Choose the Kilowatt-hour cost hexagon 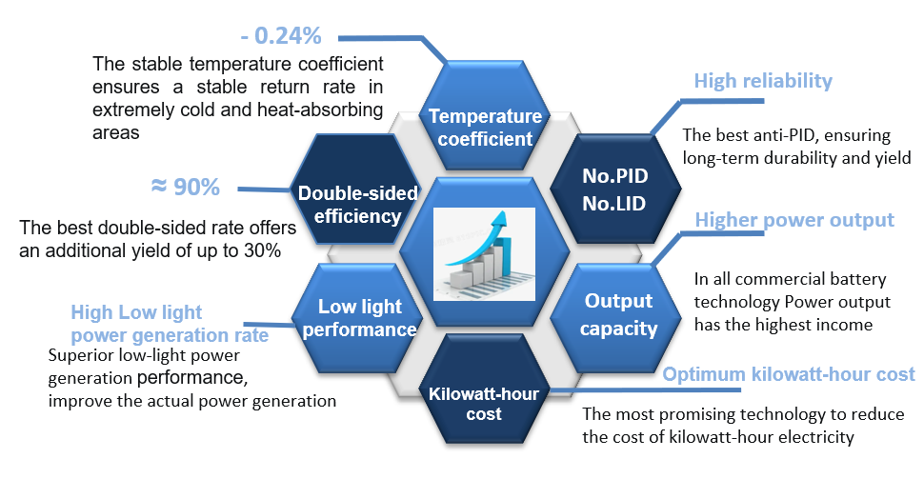(485, 403)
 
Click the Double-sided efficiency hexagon (357, 204)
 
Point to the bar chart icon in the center (484, 249)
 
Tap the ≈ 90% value (185, 187)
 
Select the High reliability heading (763, 81)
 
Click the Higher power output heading (794, 220)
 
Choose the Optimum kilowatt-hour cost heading (789, 374)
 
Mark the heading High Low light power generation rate (170, 324)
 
